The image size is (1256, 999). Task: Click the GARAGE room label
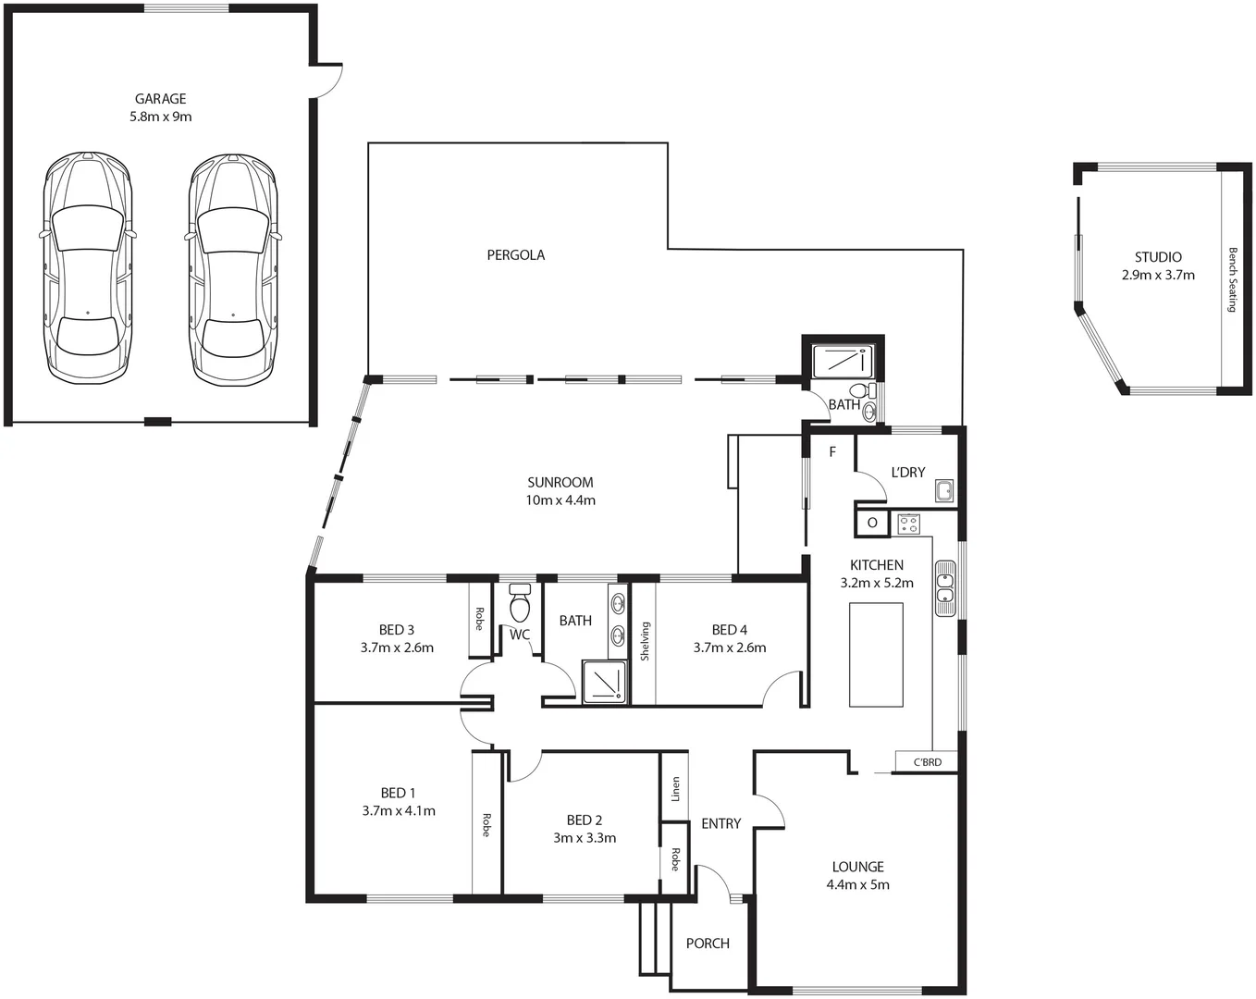160,99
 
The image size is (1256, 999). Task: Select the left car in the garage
88,268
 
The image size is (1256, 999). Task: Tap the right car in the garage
233,268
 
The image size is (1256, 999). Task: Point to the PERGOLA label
515,255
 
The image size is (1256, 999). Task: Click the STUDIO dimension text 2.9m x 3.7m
1158,275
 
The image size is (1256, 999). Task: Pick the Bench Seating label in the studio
1232,279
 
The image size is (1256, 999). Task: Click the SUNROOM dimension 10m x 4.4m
560,500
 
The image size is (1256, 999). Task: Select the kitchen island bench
876,654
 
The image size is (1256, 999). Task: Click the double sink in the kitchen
944,588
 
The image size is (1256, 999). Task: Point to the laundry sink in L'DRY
943,490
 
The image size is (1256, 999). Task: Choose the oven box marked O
871,524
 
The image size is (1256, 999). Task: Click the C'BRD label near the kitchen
927,762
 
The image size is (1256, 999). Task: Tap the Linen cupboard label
675,789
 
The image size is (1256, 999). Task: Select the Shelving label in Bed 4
645,641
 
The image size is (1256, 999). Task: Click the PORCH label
708,943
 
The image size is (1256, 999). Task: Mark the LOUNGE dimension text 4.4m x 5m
857,884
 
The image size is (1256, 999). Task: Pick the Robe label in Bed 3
479,618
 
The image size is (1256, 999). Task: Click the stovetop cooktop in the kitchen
908,524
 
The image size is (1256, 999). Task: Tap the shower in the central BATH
606,683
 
